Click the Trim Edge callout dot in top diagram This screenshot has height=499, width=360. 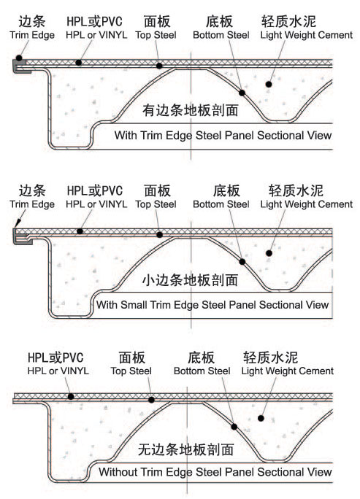19,58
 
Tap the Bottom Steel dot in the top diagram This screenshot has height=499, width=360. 242,93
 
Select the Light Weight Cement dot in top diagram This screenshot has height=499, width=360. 269,85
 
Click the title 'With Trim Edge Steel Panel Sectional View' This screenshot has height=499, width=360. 223,135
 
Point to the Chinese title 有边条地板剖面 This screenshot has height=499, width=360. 190,110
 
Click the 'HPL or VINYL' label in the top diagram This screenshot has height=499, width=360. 96,35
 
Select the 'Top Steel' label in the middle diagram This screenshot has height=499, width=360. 156,204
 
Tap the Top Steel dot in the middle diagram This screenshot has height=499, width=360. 160,235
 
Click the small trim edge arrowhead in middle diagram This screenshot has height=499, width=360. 18,223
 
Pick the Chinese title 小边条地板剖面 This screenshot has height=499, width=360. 190,279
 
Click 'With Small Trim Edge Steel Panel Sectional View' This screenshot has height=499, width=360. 212,304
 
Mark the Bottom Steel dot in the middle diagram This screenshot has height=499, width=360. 242,262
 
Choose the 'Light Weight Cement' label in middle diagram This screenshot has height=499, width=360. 307,204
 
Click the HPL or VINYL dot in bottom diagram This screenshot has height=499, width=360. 71,397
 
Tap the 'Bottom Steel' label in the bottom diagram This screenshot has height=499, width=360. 202,371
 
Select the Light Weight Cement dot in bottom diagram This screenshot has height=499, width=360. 261,418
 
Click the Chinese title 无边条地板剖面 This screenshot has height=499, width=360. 185,449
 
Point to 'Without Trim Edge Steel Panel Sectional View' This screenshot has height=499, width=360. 215,471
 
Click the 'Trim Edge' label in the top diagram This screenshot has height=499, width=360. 32,35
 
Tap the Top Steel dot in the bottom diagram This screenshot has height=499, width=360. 152,400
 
